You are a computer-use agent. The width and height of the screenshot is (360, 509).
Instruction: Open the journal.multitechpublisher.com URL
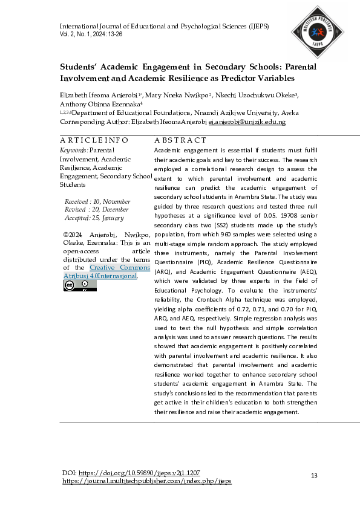tap(147, 481)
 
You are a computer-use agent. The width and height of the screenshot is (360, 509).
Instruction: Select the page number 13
tap(313, 476)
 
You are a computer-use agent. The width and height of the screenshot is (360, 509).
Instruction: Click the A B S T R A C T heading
tap(180, 140)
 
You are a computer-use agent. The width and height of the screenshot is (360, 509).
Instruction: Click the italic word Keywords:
tap(74, 149)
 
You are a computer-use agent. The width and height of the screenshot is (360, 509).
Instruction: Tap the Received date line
tap(97, 201)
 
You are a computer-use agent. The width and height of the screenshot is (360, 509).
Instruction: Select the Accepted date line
tap(94, 218)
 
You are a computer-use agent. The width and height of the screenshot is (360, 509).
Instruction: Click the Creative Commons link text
tap(120, 268)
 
